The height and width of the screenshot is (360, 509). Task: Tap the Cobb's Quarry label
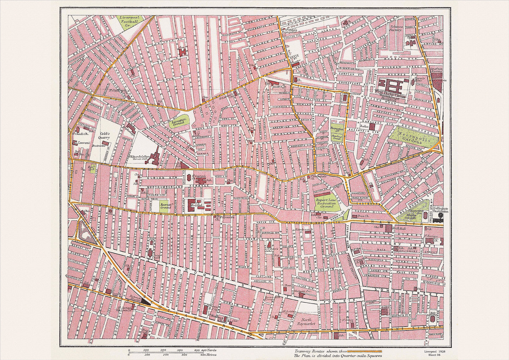[x=104, y=136]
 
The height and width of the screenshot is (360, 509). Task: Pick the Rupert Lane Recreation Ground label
[x=327, y=204]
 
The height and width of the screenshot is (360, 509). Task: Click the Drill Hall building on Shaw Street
[x=389, y=229]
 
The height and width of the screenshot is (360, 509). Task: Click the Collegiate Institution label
[x=441, y=210]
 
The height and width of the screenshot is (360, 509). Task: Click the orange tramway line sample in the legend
[x=365, y=351]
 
